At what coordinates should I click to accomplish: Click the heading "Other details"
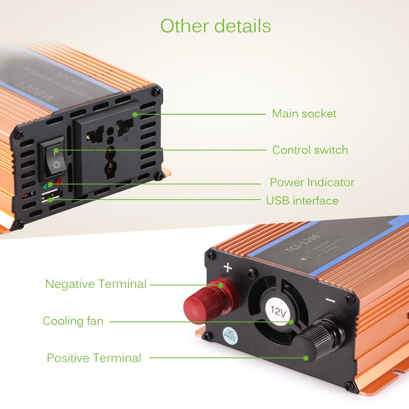[x=216, y=25]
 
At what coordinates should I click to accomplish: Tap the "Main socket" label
[x=304, y=113]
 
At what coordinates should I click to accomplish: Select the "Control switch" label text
[x=310, y=150]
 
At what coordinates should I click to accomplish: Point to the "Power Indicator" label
[x=312, y=182]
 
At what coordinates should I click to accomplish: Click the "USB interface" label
[x=302, y=200]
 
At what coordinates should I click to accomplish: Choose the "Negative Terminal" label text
[x=96, y=284]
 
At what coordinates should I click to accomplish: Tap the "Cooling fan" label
[x=73, y=321]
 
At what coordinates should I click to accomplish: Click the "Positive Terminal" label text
[x=94, y=358]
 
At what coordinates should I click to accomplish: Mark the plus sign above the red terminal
[x=228, y=268]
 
